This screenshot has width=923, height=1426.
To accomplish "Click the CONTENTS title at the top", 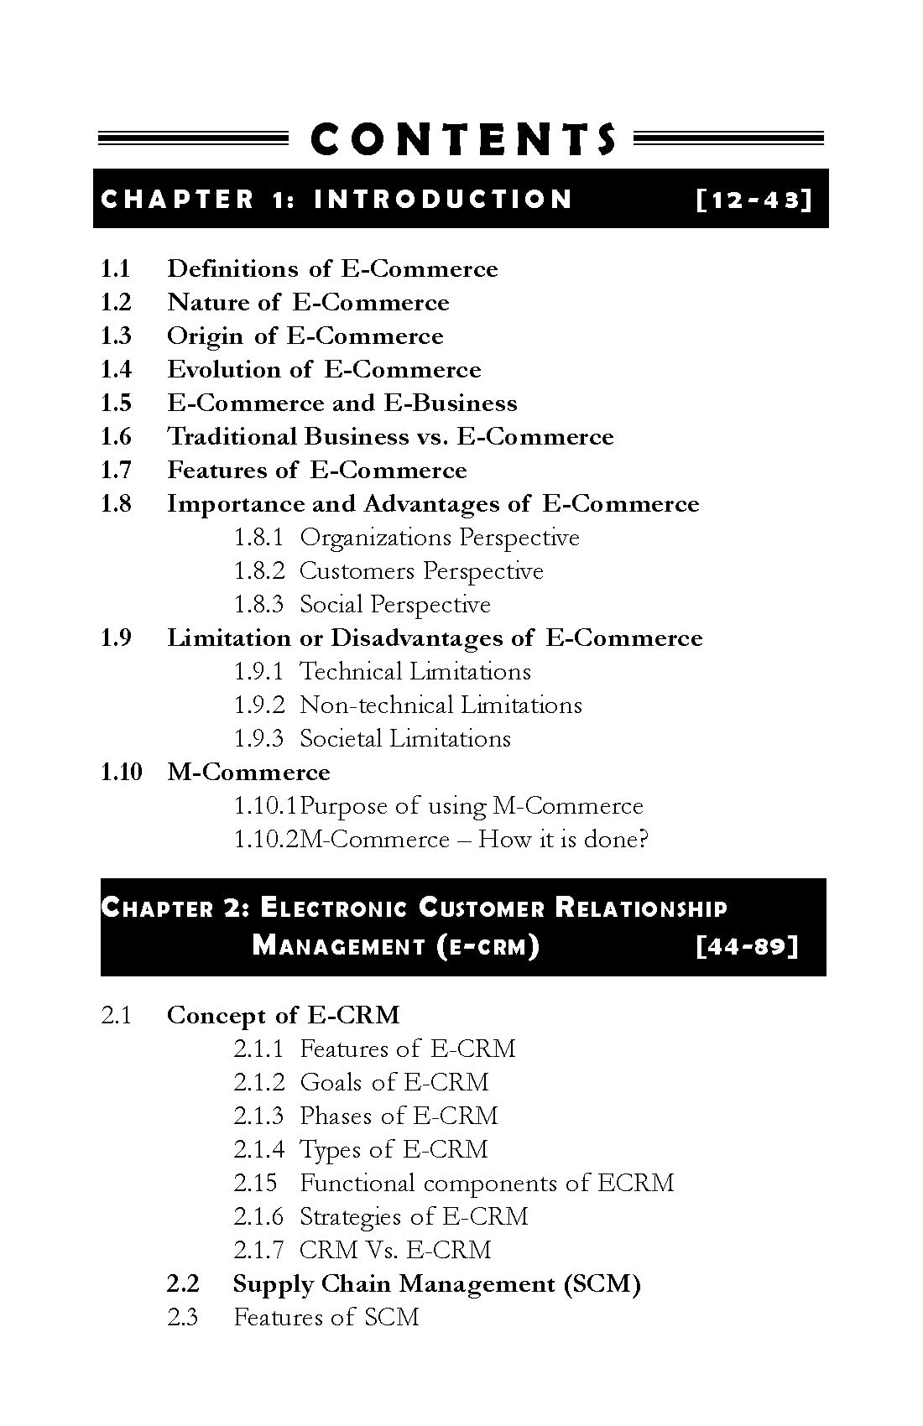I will click(x=462, y=139).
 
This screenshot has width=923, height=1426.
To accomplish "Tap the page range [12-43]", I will click(x=754, y=200).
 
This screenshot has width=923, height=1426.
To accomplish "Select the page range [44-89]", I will click(x=746, y=946).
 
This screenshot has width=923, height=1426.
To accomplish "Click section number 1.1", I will click(x=116, y=269).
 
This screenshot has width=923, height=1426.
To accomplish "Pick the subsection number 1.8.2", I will click(x=258, y=571).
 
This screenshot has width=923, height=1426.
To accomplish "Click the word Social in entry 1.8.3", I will click(x=331, y=605).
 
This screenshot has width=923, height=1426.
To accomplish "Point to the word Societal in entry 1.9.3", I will click(x=336, y=739).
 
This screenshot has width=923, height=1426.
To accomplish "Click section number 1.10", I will click(x=122, y=773).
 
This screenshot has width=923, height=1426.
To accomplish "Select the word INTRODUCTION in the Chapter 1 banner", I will click(x=443, y=200).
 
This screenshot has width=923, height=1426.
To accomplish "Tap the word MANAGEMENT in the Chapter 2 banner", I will click(x=338, y=946).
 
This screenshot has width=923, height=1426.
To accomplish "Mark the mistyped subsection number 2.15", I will click(x=255, y=1184).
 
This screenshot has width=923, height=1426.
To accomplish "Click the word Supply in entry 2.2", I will click(x=273, y=1284).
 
